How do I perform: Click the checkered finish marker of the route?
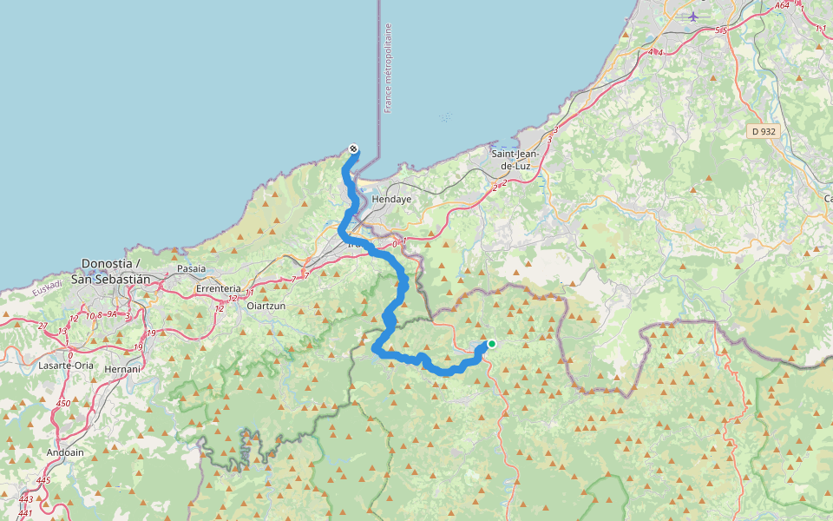click(353, 148)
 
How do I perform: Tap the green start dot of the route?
click(491, 344)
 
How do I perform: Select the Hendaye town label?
click(390, 199)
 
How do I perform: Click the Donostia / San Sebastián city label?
click(116, 270)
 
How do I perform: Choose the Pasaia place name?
click(191, 269)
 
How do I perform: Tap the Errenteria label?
click(218, 288)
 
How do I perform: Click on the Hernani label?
click(121, 368)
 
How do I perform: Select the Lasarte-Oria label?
click(66, 366)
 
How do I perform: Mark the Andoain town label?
click(66, 452)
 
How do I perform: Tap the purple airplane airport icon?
click(692, 16)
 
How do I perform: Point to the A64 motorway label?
click(782, 5)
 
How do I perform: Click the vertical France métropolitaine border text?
click(388, 69)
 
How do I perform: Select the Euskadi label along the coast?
click(48, 287)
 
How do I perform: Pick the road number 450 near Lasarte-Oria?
click(63, 404)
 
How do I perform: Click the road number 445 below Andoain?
click(44, 481)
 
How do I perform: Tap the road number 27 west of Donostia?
click(43, 326)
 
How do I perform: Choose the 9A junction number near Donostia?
click(112, 315)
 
